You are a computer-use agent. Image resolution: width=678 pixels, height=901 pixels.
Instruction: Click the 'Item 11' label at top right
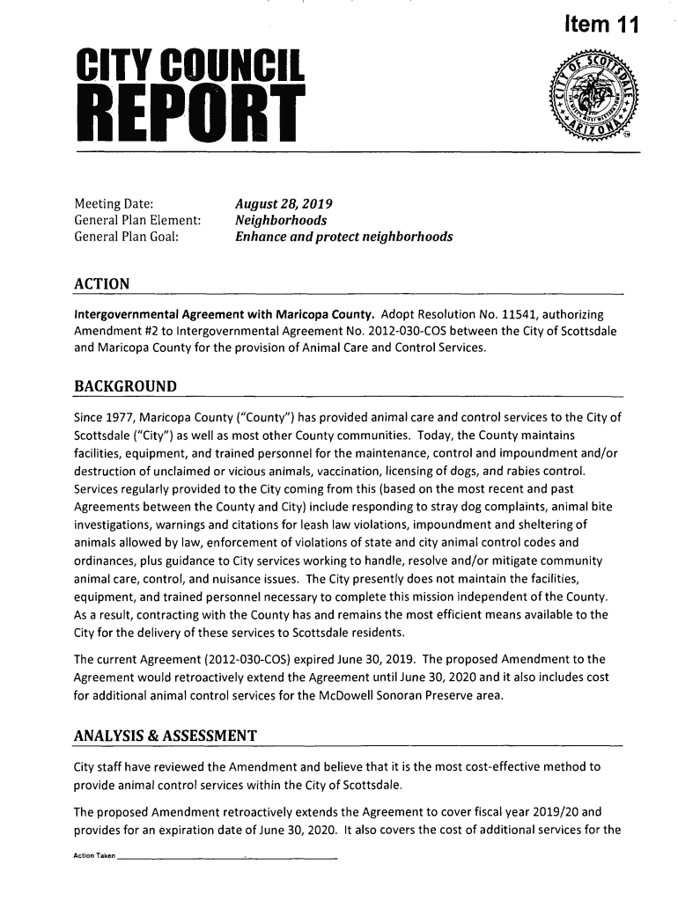pos(595,26)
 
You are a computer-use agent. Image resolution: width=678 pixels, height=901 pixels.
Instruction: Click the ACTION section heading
pos(102,284)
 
